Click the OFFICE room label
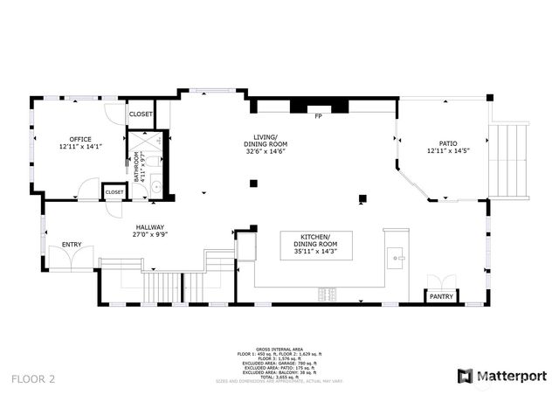point(80,139)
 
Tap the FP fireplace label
point(319,116)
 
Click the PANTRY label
point(440,297)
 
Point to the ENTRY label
point(72,244)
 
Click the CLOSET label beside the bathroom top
point(141,114)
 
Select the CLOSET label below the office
point(114,192)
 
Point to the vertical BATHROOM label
point(137,167)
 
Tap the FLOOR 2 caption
point(34,378)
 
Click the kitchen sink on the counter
point(398,258)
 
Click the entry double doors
point(63,258)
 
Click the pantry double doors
point(438,281)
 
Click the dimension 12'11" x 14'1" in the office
point(80,147)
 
